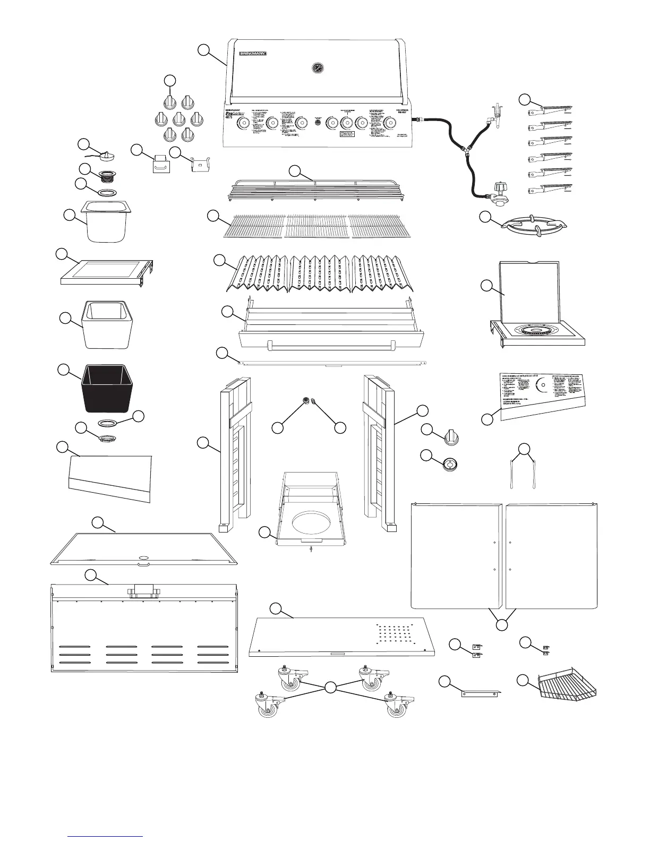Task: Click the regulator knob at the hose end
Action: (500, 188)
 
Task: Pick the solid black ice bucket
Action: (106, 388)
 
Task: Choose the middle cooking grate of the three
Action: (317, 226)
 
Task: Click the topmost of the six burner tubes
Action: (550, 111)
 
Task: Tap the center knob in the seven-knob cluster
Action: (178, 118)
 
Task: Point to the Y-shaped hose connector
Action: (466, 150)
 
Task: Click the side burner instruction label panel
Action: (542, 393)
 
